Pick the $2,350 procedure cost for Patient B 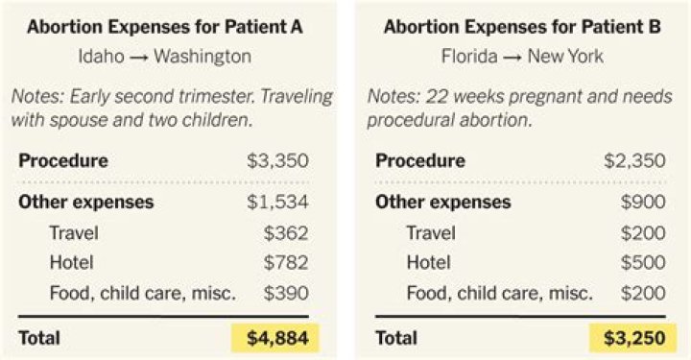pos(634,160)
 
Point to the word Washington pos(203,57)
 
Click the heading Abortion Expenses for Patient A pos(165,28)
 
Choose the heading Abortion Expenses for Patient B pos(522,28)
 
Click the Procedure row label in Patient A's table pos(63,160)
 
